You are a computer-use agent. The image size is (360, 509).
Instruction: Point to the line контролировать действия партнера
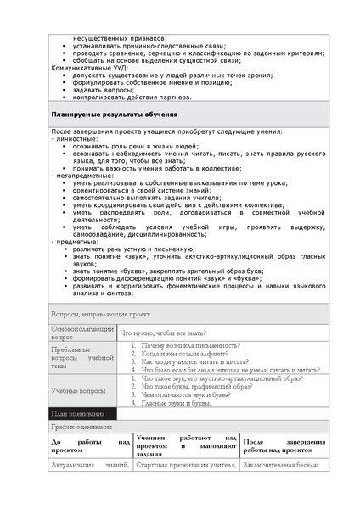tap(132, 97)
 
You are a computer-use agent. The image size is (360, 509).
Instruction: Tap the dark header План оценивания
tap(78, 413)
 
